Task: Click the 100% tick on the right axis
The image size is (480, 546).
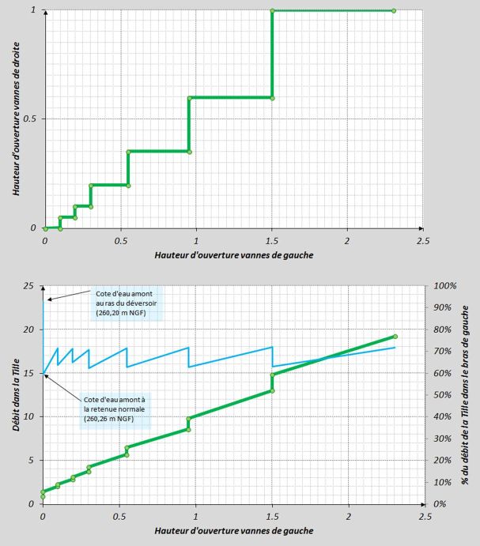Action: coord(440,285)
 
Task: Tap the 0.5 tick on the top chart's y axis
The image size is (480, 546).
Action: coord(31,119)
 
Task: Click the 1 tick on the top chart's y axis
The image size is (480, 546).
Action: coord(33,10)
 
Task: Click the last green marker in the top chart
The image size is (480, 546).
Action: coord(394,10)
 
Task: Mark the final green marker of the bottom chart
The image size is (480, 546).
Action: coord(395,337)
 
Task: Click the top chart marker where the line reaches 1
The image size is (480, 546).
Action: coord(272,10)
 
